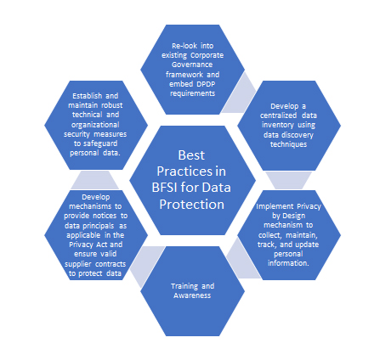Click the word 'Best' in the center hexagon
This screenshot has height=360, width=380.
(191, 155)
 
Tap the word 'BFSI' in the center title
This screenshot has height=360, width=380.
(164, 188)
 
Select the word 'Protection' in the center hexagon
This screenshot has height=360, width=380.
(191, 204)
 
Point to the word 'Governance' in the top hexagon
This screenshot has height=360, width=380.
(192, 65)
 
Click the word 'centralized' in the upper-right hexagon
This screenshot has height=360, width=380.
(278, 115)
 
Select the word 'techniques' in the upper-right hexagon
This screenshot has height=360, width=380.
(288, 144)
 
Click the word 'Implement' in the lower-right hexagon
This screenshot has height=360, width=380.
(272, 206)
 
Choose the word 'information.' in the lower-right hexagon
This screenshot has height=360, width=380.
(288, 263)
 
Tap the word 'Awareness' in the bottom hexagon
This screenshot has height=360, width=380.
(192, 295)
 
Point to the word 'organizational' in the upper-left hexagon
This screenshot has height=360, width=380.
(95, 125)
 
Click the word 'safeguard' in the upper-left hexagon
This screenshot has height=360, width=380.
(99, 143)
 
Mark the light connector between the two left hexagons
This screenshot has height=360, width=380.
(95, 180)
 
